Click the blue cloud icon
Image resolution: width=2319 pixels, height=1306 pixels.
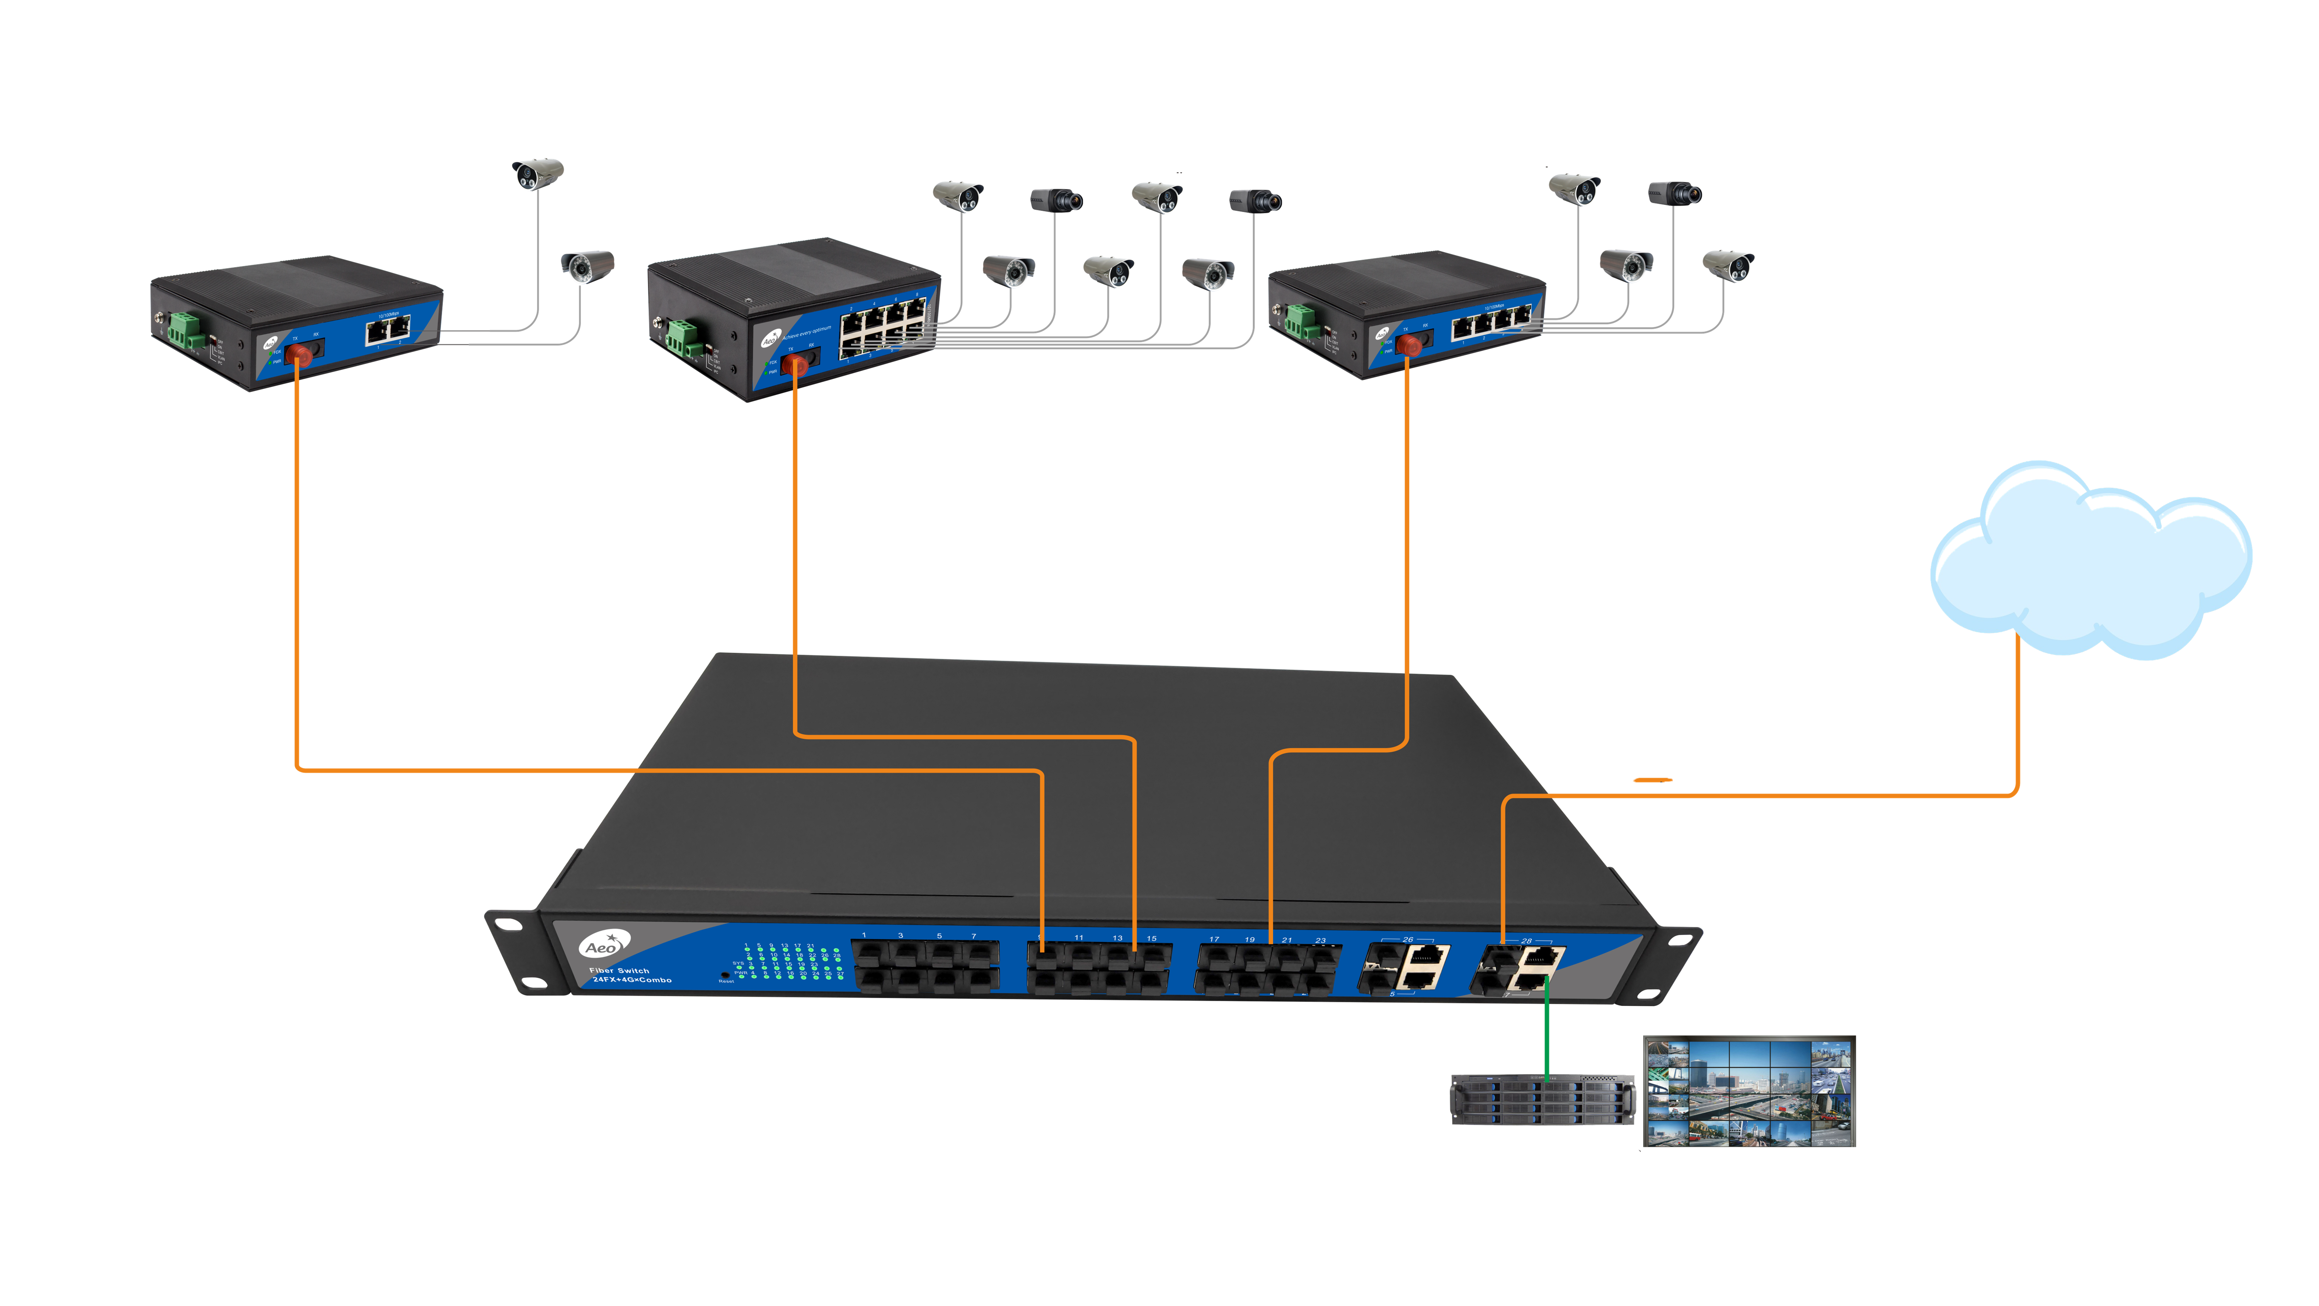2089,563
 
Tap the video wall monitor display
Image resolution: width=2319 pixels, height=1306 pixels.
1748,1091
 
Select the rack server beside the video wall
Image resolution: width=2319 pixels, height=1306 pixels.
1541,1100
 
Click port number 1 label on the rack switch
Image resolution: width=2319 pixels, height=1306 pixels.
863,935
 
